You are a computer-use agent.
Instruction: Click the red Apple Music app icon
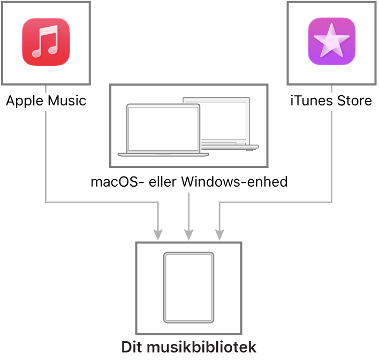[46, 42]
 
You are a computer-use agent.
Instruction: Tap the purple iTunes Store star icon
[331, 42]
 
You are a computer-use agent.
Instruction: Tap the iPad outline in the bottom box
[188, 288]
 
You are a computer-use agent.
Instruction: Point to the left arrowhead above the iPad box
[158, 235]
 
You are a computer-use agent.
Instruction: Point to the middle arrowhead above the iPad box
[188, 235]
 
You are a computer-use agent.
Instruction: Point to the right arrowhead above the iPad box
[219, 235]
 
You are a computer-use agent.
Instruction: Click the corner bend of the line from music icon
[46, 202]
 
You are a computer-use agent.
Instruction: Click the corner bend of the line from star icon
[331, 202]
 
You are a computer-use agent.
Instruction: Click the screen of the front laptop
[163, 128]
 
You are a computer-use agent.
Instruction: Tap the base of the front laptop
[163, 155]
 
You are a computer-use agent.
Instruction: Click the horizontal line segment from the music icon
[102, 202]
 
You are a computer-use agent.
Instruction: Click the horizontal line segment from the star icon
[276, 202]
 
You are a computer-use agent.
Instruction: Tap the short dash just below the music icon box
[46, 90]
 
